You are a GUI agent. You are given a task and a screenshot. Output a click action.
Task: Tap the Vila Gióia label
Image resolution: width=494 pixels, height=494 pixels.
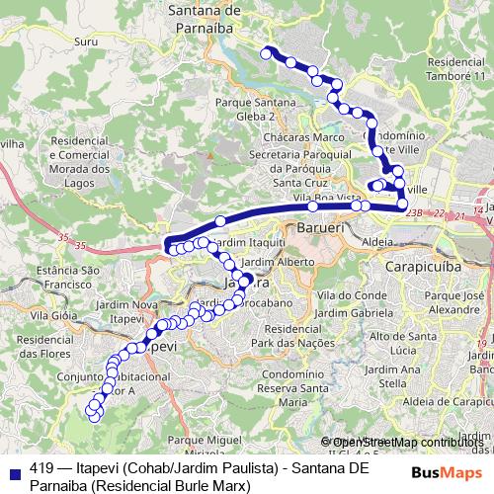point(53,316)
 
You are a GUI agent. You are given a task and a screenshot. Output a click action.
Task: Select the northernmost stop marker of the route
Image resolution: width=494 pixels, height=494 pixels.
point(265,52)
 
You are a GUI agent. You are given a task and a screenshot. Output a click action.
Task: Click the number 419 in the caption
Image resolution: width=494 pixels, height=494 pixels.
point(42,468)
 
